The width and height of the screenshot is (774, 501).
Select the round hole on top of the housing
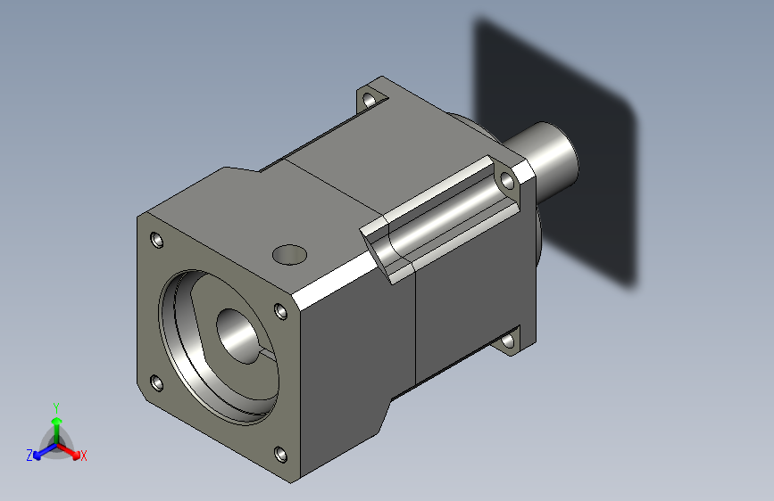click(x=288, y=254)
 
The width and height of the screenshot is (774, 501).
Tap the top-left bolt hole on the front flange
click(x=157, y=241)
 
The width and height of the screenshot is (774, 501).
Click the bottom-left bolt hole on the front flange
click(x=157, y=382)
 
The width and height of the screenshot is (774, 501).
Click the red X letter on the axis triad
click(x=84, y=456)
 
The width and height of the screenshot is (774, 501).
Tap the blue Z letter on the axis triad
click(x=29, y=456)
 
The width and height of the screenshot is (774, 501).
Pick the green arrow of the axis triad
click(x=55, y=423)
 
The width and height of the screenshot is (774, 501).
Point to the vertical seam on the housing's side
click(x=417, y=330)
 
